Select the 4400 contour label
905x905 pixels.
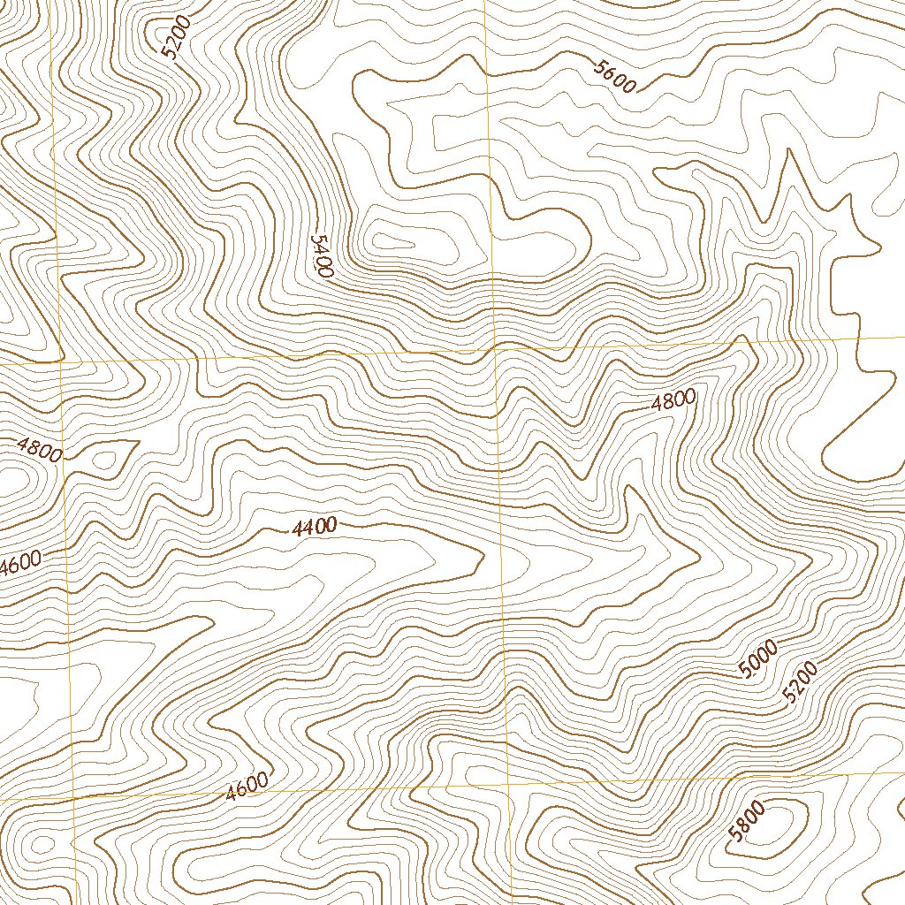314,529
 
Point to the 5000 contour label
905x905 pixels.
758,660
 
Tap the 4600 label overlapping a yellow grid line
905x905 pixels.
247,786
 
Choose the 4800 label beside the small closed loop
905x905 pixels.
40,450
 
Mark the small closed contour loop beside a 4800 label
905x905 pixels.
108,459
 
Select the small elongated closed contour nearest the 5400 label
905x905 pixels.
394,240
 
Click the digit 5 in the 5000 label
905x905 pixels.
747,671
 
